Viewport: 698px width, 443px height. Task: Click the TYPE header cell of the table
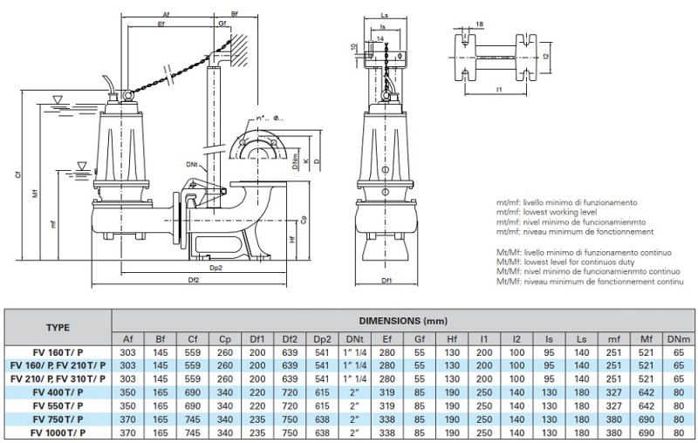pos(58,328)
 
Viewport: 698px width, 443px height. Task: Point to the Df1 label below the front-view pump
pos(387,281)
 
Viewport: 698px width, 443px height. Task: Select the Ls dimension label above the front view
pos(387,15)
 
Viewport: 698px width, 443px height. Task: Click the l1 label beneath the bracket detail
pos(498,90)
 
